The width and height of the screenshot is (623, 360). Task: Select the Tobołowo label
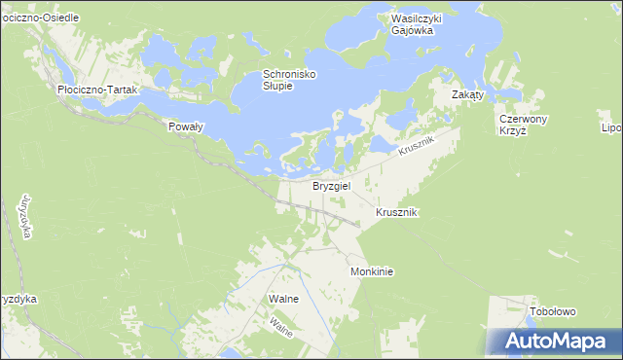[x=553, y=311]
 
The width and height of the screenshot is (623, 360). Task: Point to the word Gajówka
[x=412, y=31]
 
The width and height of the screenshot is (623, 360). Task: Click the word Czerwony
[x=524, y=119]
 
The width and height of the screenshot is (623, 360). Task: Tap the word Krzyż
[x=512, y=131]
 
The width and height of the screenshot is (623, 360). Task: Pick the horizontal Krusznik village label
[x=396, y=212]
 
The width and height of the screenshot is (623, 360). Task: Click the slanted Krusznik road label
[x=418, y=148]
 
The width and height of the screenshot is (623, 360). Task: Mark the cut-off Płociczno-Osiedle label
[x=39, y=18]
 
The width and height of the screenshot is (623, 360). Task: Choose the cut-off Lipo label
[x=610, y=127]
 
